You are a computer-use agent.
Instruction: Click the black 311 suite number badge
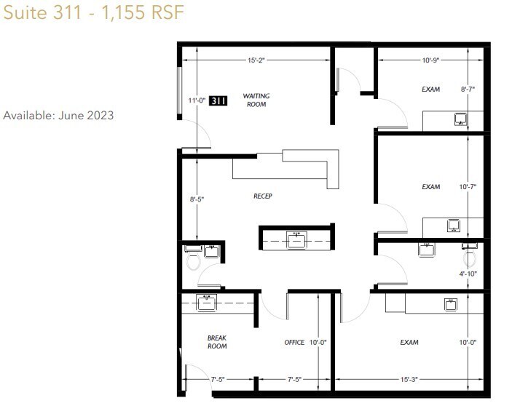[x=218, y=101]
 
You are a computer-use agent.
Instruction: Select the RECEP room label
[x=262, y=196]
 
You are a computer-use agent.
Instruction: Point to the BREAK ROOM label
[x=217, y=342]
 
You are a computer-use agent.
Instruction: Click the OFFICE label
[x=294, y=342]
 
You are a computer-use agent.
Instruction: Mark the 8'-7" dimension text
[x=468, y=89]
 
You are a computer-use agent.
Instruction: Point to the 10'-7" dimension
[x=468, y=187]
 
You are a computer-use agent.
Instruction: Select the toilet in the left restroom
[x=194, y=260]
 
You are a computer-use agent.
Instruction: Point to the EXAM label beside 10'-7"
[x=430, y=187]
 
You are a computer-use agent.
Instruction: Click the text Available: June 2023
[x=59, y=116]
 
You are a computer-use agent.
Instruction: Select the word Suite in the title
[x=23, y=14]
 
